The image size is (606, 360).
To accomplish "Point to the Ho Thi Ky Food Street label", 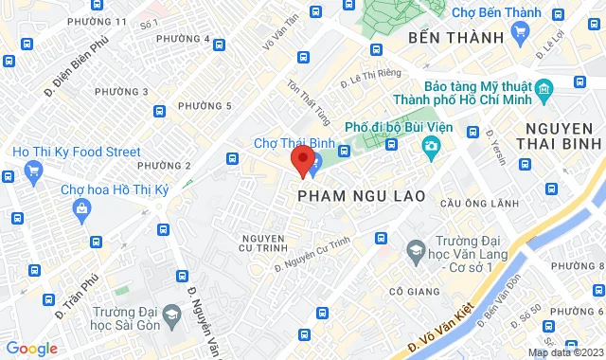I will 76,152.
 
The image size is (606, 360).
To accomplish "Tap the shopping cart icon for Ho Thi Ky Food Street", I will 35,171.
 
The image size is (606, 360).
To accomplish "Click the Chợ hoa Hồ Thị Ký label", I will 115,189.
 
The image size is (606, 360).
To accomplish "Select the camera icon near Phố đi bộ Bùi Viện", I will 431,146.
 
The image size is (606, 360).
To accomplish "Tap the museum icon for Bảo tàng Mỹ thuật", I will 544,91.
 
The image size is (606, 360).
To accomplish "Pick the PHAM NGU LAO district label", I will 359,195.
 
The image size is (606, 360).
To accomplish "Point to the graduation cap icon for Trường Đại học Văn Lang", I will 415,249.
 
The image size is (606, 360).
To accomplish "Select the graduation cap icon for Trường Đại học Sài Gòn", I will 171,314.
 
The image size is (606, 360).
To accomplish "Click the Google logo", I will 30,348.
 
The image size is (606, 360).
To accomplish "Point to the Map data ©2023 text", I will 564,352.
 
